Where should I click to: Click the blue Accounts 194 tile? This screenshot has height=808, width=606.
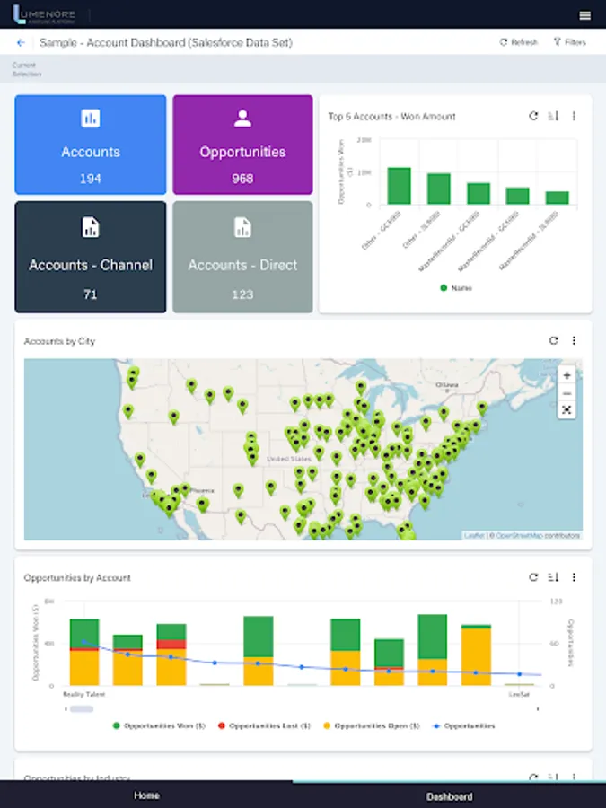(x=91, y=145)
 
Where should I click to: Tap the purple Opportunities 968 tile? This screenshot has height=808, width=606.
(x=242, y=145)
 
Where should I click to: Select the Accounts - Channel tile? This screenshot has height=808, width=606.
(x=91, y=257)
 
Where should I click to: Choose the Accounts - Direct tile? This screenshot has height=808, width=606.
(x=242, y=257)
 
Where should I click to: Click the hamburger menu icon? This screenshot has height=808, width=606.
(x=585, y=15)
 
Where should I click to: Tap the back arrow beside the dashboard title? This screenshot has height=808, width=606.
(x=21, y=42)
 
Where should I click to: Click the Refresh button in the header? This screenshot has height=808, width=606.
(x=519, y=42)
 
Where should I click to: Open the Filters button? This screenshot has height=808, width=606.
(x=569, y=42)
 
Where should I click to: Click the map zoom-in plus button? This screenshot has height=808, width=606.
(x=566, y=375)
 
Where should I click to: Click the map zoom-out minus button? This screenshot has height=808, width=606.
(x=566, y=393)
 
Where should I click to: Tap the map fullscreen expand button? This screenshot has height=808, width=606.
(x=566, y=409)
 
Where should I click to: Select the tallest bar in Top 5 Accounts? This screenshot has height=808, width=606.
(x=399, y=186)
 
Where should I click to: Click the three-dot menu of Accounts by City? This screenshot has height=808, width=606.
(x=574, y=341)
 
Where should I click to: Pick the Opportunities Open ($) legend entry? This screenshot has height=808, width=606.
(x=373, y=725)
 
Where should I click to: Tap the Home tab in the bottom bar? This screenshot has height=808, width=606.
(x=146, y=795)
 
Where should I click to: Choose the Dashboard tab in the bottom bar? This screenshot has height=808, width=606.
(x=449, y=796)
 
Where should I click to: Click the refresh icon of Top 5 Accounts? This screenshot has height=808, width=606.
(x=533, y=116)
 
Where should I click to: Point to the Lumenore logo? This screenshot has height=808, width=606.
(x=44, y=15)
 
